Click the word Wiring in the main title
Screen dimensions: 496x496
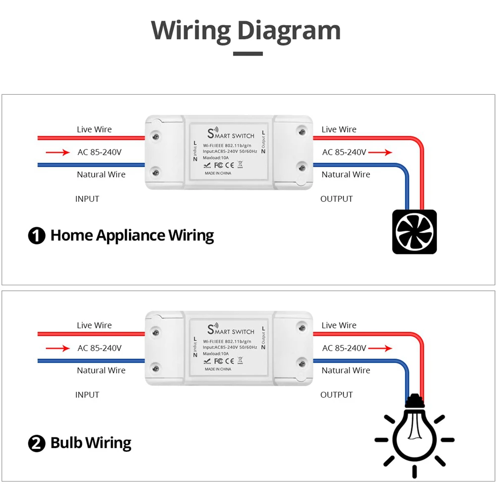(191, 31)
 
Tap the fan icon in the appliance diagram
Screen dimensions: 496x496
(414, 232)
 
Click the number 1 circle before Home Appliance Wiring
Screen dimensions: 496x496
(37, 236)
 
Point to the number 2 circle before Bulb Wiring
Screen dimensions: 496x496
(37, 443)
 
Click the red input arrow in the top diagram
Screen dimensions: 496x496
(58, 152)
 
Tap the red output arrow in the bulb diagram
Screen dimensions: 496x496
(380, 348)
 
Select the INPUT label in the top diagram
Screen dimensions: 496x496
(87, 199)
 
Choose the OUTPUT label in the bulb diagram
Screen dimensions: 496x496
(336, 395)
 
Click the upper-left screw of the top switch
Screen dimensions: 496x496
(156, 134)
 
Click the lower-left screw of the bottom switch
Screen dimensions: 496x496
(156, 368)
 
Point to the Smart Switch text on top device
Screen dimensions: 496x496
(231, 134)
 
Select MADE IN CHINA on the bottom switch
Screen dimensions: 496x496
(218, 369)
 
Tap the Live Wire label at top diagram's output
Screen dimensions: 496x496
(339, 129)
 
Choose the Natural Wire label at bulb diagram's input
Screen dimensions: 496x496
(101, 371)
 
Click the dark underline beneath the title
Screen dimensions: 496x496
(248, 54)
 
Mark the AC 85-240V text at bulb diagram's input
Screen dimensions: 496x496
(99, 348)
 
